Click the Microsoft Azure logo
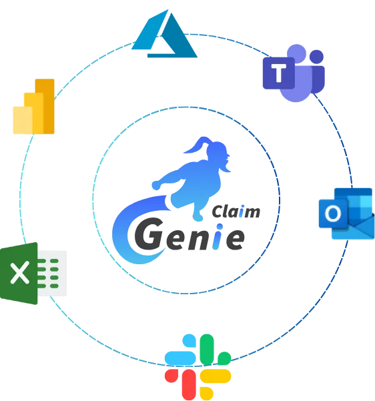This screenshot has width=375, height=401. click(164, 35)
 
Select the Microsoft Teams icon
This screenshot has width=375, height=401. click(294, 73)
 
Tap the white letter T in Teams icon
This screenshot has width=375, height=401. click(279, 73)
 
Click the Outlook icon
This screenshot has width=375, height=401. click(346, 214)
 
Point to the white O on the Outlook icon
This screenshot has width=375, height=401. click(333, 214)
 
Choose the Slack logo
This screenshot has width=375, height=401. click(198, 367)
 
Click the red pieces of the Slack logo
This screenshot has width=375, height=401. click(181, 382)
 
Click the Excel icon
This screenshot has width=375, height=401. click(33, 273)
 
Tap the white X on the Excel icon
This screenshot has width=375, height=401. click(19, 273)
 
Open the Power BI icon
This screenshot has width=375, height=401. click(34, 106)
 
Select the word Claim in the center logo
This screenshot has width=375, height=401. click(236, 212)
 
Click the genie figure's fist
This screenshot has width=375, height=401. click(157, 185)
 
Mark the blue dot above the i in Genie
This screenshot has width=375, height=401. click(220, 227)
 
